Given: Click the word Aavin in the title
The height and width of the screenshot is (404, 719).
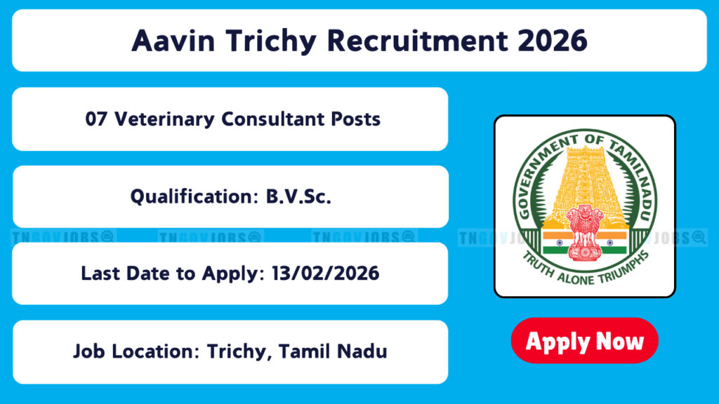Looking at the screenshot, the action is (173, 41).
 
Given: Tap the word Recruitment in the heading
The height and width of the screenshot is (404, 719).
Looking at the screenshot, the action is (418, 41).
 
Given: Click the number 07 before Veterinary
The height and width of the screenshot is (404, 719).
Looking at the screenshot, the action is (96, 119).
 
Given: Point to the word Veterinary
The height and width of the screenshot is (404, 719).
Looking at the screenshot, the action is (164, 120).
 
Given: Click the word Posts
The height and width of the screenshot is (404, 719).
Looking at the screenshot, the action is (356, 119).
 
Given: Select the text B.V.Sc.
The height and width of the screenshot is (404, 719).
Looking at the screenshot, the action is (298, 196).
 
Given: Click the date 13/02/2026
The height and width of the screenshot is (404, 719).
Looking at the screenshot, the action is (326, 274).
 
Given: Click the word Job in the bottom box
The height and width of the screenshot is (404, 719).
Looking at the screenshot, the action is (89, 352).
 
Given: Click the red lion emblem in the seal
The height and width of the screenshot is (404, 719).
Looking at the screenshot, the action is (584, 233).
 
